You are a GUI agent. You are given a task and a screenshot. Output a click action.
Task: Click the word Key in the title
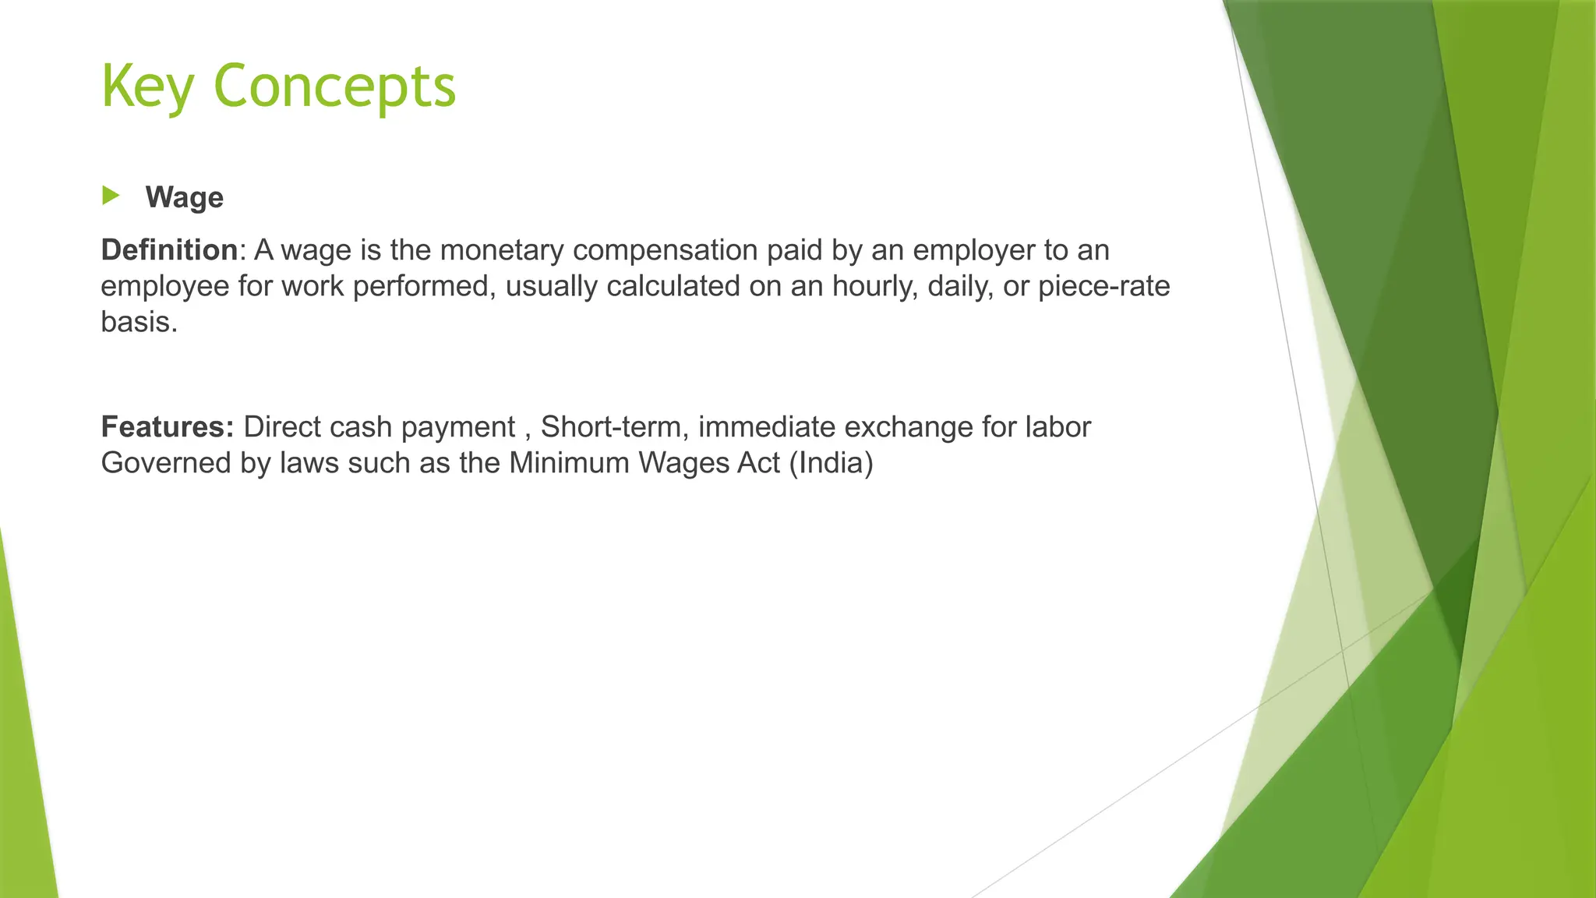[x=147, y=87]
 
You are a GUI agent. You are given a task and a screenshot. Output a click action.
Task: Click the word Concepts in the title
[x=334, y=87]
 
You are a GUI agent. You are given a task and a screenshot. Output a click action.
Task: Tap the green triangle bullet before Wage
[x=111, y=196]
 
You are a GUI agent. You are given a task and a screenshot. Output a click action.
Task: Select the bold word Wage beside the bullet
[x=184, y=197]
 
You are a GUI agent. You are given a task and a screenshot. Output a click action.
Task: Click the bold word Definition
[x=169, y=250]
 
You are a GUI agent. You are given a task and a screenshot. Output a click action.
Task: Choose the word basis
[x=139, y=322]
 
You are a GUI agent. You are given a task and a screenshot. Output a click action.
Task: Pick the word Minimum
[x=569, y=463]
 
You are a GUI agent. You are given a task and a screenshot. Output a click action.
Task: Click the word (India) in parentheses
[x=831, y=463]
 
